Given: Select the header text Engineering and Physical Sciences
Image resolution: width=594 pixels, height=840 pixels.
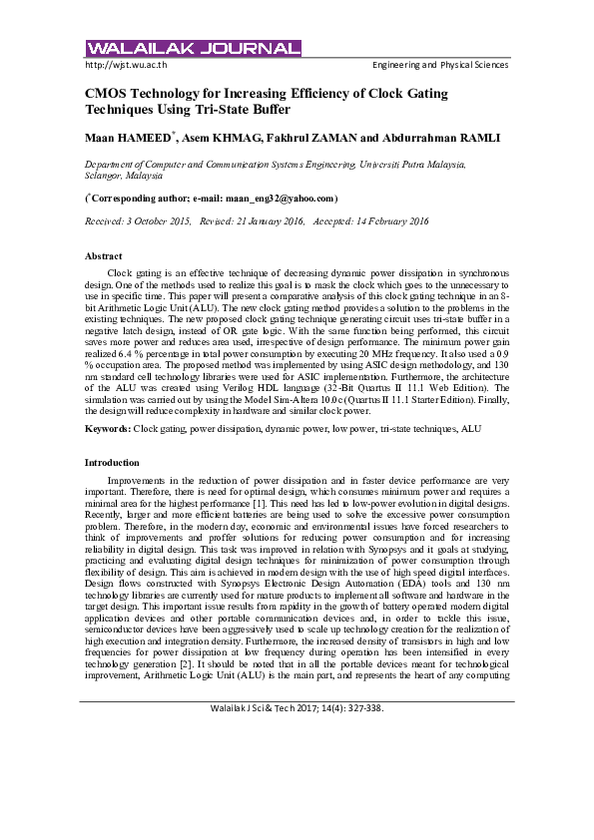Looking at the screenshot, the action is coord(439,65).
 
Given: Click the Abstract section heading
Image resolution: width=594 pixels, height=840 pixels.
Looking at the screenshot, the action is coord(104,256).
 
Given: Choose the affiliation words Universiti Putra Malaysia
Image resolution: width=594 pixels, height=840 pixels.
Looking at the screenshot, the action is coord(409,162).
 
